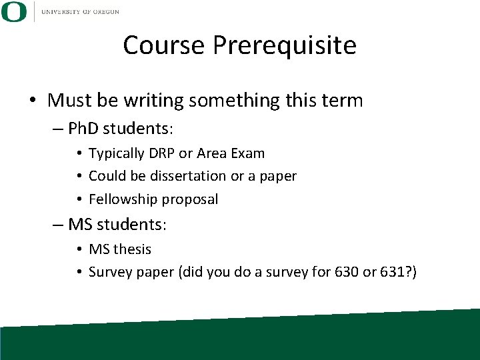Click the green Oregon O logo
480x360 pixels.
tap(14, 12)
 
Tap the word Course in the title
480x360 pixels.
tap(164, 45)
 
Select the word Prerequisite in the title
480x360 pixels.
tap(285, 45)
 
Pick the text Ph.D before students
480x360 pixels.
tap(84, 128)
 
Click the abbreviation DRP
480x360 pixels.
tap(161, 153)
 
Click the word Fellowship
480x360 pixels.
tap(120, 199)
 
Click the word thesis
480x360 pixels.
tap(132, 249)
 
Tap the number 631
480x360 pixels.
tap(397, 272)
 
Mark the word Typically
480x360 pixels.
tap(117, 153)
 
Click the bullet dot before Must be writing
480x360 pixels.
tap(33, 101)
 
